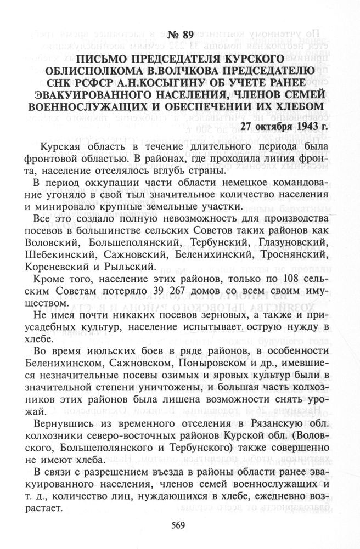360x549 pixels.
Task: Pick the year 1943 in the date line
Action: tap(306, 126)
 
